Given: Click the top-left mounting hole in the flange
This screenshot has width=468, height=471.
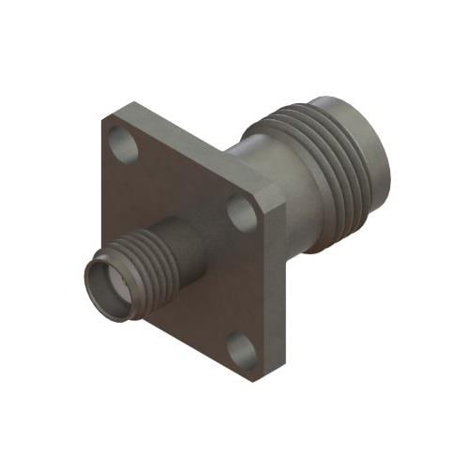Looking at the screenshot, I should click(x=121, y=144).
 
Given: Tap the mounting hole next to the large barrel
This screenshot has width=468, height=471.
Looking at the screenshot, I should click(x=242, y=215).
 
